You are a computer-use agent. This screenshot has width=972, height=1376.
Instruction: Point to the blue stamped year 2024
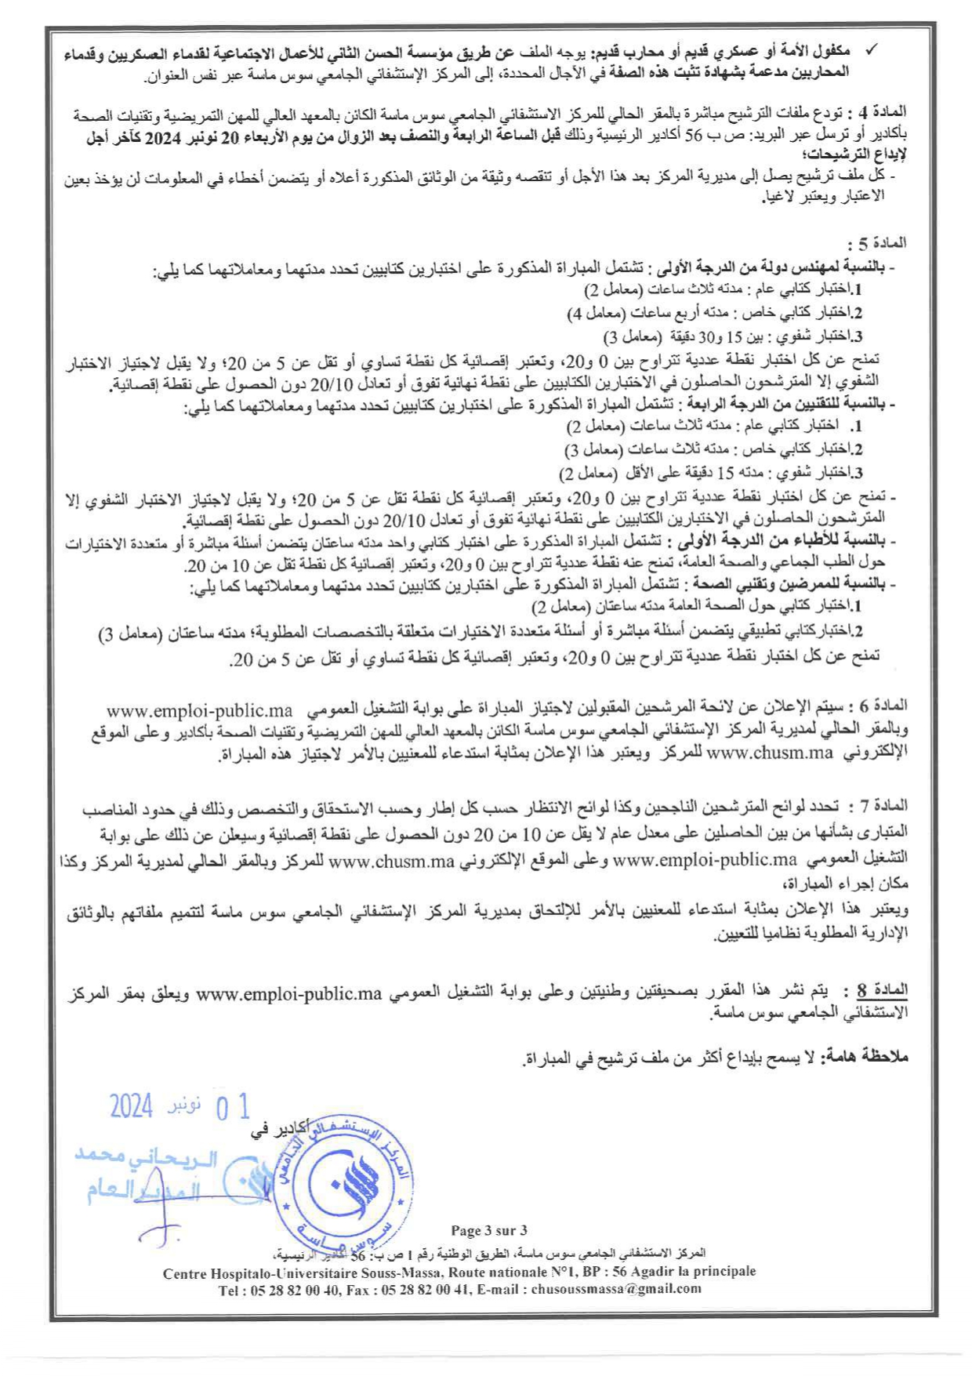point(130,1106)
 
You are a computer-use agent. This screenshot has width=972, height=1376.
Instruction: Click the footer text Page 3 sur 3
point(489,1230)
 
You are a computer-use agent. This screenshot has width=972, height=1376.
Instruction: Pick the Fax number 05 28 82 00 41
point(427,1288)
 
